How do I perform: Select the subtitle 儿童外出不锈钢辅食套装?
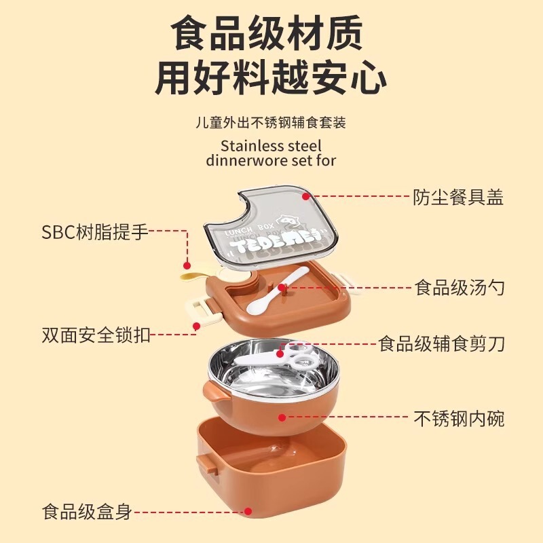[270, 123]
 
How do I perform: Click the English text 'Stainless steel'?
[271, 145]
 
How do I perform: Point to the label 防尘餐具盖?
[458, 198]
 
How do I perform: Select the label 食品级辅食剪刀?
[442, 344]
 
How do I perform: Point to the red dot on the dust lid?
[307, 196]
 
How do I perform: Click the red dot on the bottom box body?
[248, 512]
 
